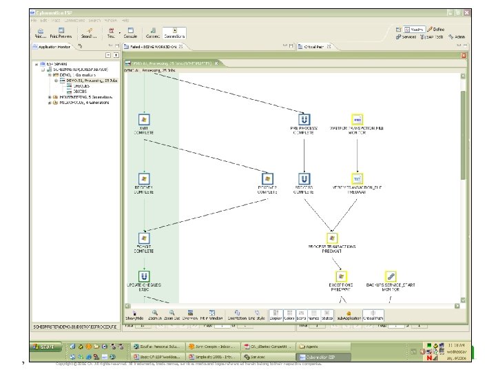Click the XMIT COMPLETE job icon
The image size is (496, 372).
click(x=144, y=119)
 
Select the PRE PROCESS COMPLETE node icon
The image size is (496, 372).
click(x=303, y=119)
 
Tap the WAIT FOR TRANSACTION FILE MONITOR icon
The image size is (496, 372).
click(x=356, y=119)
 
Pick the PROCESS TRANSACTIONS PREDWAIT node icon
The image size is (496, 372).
click(x=333, y=238)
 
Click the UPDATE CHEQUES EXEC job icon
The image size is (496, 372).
click(x=144, y=277)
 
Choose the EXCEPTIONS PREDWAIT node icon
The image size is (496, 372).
click(x=341, y=277)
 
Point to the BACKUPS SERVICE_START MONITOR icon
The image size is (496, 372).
click(x=390, y=277)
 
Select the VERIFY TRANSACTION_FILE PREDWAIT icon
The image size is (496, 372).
click(x=356, y=178)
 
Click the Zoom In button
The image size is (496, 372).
click(x=155, y=315)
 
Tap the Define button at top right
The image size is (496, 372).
click(x=436, y=30)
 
